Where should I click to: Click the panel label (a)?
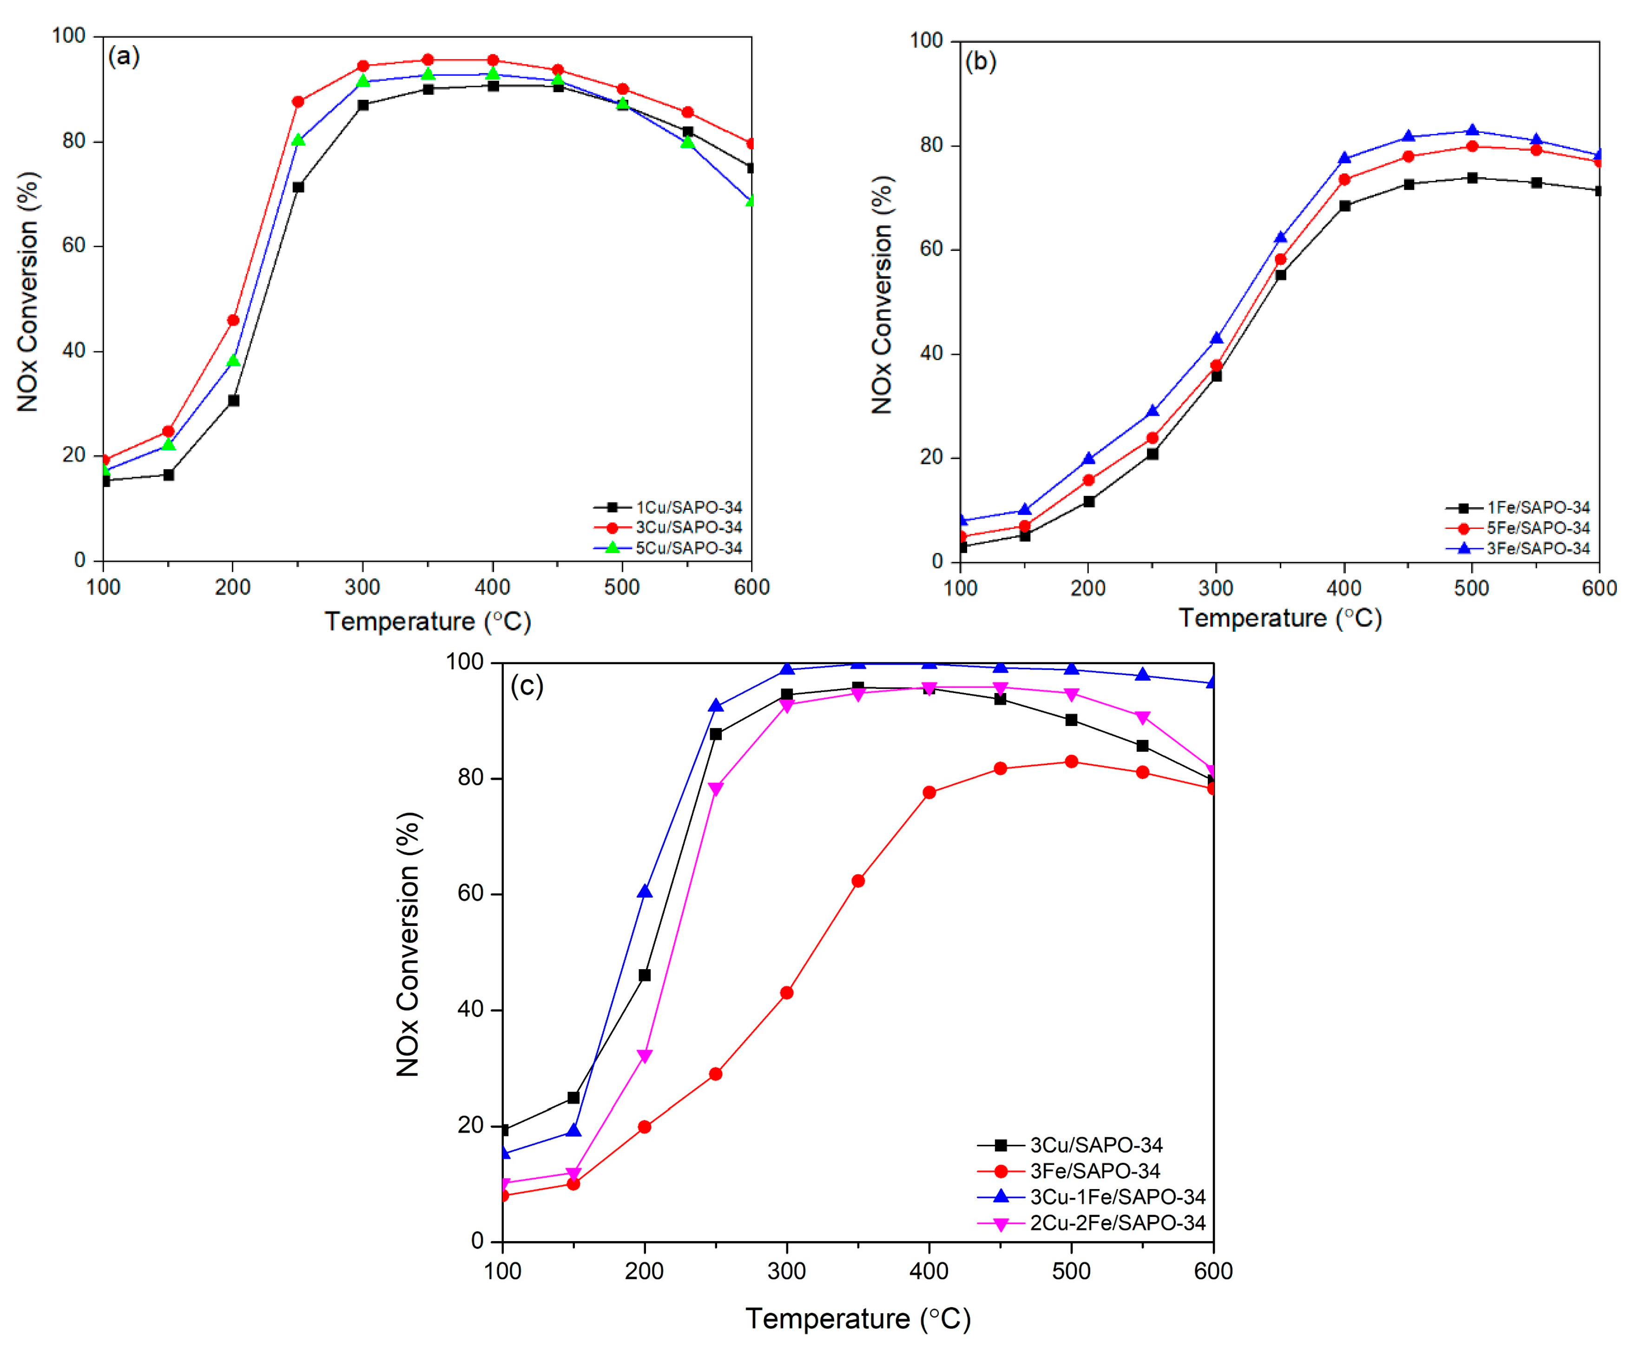(x=124, y=57)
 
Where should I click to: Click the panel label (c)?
(x=526, y=686)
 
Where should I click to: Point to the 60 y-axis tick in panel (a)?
(x=74, y=246)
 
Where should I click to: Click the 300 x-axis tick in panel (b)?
(x=1216, y=588)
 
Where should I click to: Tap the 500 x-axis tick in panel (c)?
(x=1071, y=1271)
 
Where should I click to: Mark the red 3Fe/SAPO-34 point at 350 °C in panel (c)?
(x=858, y=880)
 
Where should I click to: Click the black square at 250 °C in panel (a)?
(x=298, y=187)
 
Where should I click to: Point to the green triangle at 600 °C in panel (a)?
(x=751, y=201)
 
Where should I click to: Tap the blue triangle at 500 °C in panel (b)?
(x=1472, y=131)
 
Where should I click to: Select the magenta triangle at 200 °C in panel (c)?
(x=644, y=1056)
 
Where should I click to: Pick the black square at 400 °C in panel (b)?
(x=1344, y=206)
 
